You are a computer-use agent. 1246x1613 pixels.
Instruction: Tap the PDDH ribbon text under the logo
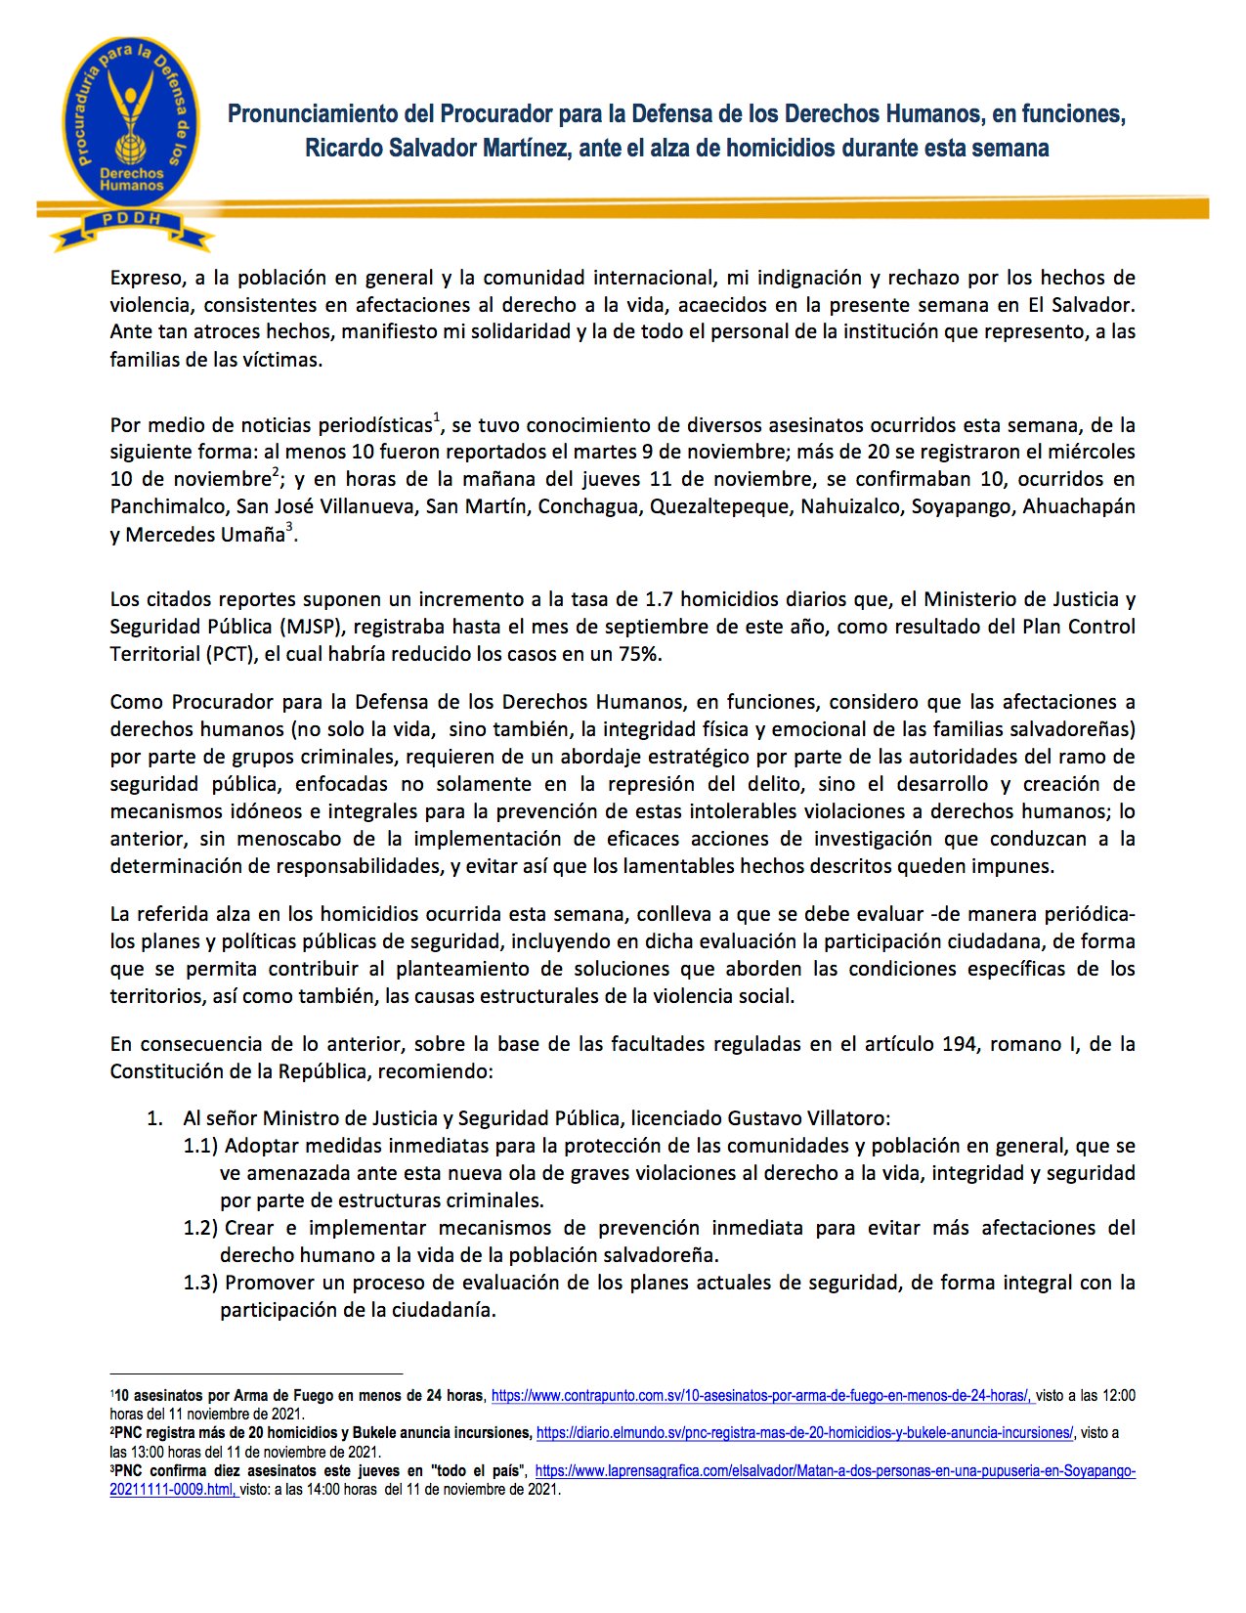(132, 219)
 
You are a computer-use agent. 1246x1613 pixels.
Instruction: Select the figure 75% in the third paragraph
(639, 654)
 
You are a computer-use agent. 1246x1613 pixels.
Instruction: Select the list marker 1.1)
(200, 1146)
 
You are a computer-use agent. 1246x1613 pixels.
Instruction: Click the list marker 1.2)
(200, 1228)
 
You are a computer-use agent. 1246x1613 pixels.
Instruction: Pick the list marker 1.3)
(200, 1283)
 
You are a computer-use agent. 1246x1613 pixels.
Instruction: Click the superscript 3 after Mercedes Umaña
(289, 529)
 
